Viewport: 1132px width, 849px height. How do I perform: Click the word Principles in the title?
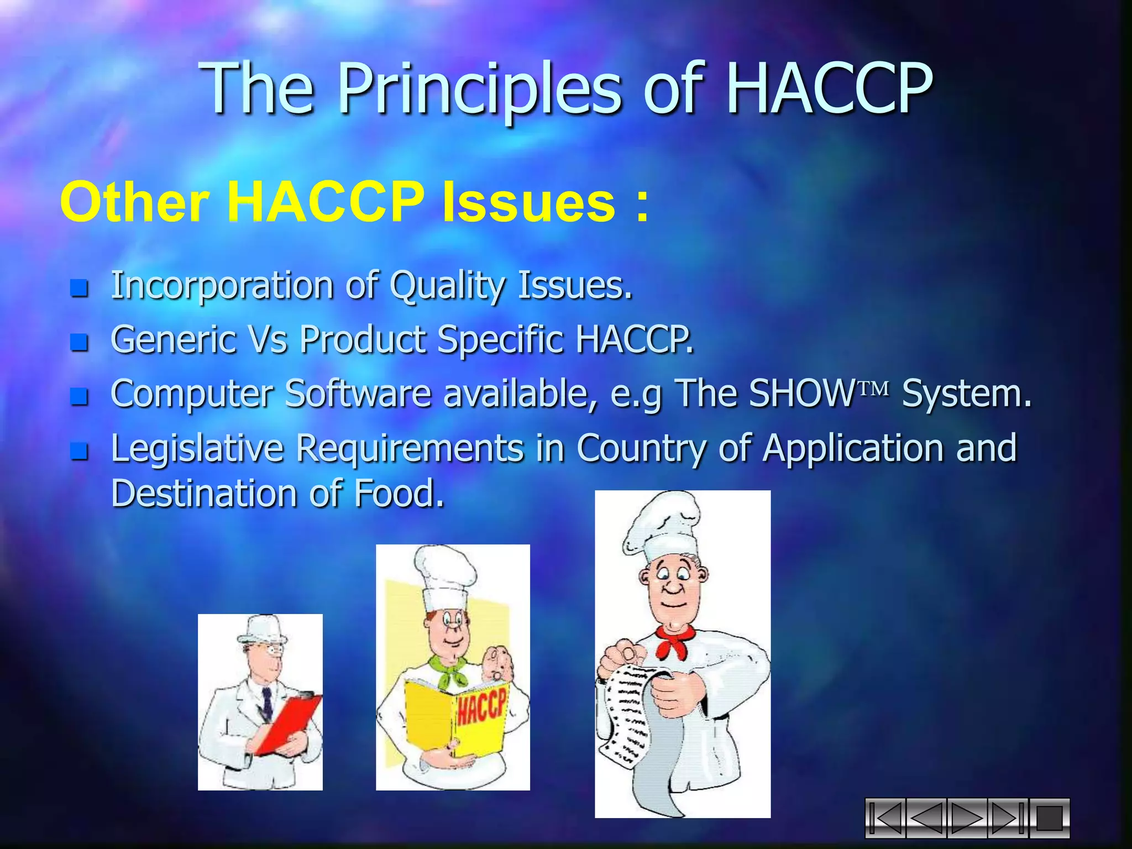click(x=479, y=88)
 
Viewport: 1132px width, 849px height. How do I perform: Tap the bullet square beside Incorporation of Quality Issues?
click(x=80, y=288)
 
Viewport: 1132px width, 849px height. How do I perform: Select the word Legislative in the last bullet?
click(x=196, y=448)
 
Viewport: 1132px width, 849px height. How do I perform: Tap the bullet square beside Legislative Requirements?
click(x=80, y=451)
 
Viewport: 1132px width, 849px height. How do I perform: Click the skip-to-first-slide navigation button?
click(x=885, y=818)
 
